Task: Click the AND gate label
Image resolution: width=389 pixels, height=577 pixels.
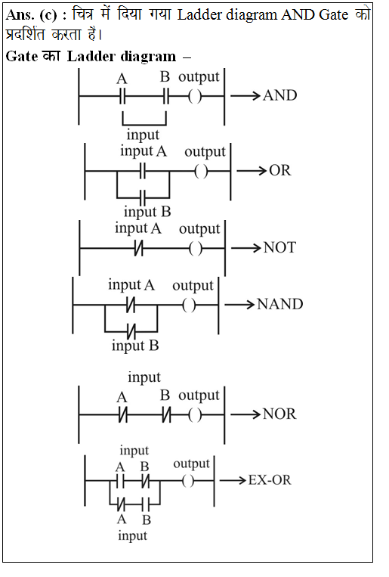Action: click(x=279, y=96)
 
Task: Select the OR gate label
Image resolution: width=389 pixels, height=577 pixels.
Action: click(x=279, y=170)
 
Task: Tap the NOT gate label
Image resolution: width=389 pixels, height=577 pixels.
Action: click(x=279, y=247)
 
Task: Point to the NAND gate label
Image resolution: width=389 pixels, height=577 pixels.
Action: click(x=279, y=304)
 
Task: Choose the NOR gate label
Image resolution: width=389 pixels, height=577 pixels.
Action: click(x=279, y=414)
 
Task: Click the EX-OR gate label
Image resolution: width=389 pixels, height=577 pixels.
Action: click(x=270, y=480)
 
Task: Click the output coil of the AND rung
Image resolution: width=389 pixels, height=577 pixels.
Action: click(x=195, y=97)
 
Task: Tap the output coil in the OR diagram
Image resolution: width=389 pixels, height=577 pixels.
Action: click(x=201, y=171)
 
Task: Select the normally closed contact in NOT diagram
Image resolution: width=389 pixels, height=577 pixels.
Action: click(x=139, y=248)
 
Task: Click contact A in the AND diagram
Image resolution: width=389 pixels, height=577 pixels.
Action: click(x=122, y=97)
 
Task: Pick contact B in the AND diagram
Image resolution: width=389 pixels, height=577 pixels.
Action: click(x=166, y=97)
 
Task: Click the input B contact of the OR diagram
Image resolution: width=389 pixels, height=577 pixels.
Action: click(x=143, y=198)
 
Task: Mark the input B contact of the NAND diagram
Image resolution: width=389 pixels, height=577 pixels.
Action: click(x=131, y=331)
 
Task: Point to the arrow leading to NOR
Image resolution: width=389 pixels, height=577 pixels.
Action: click(x=245, y=414)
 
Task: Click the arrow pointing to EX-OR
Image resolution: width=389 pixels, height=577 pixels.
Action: click(x=233, y=480)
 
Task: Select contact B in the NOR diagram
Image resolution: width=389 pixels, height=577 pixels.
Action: click(x=167, y=415)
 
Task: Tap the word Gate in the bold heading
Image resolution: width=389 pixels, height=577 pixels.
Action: click(x=22, y=56)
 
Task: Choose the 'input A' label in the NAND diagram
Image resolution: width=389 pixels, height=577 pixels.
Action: click(x=131, y=286)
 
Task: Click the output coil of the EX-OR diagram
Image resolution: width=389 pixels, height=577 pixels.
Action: click(x=188, y=481)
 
